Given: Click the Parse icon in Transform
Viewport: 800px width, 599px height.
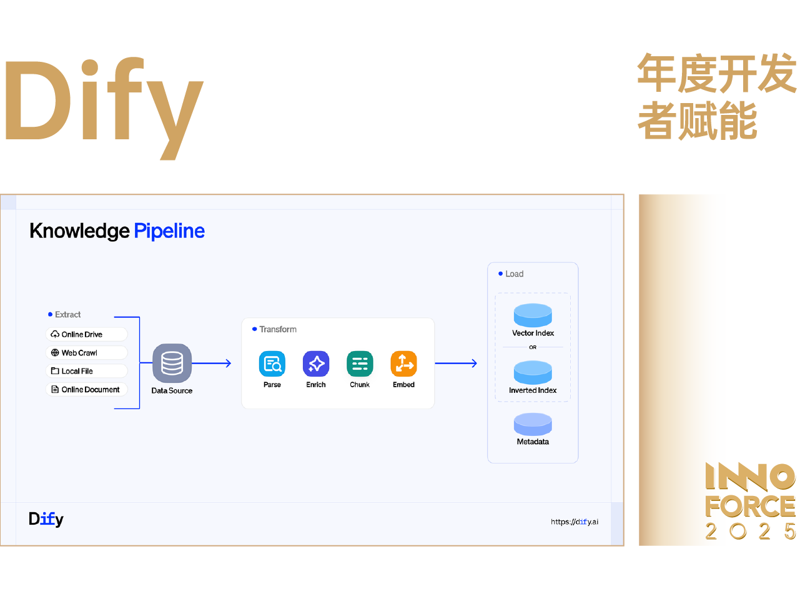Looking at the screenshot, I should point(272,364).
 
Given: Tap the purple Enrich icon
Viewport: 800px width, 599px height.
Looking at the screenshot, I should point(316,364).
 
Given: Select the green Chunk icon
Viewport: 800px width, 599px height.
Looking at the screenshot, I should point(360,364).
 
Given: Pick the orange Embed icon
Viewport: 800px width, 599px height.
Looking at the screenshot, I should point(403,364).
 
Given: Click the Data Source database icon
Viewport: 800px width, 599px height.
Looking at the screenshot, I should point(172,363).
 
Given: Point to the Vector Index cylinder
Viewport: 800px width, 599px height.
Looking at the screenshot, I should point(533,315).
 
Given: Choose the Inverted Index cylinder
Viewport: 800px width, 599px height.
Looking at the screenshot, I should point(533,372).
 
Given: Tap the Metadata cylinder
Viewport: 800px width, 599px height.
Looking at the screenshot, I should point(533,424).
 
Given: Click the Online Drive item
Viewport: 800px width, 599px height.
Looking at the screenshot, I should point(86,335).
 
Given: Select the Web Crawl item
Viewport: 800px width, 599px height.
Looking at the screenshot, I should point(86,353).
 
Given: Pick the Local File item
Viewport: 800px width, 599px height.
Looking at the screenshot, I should point(86,371).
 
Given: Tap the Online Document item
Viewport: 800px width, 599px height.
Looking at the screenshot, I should point(86,389).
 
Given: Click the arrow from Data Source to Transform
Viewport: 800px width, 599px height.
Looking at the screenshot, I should point(212,363).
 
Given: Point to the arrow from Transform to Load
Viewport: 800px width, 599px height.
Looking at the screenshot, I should point(456,363).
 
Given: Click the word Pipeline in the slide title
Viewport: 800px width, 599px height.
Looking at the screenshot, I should point(169,231).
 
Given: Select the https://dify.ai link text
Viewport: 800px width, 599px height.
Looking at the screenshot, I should point(574,522).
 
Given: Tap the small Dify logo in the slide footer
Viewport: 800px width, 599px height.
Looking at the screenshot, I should point(46,519).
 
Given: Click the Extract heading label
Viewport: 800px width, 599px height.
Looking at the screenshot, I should point(67,315).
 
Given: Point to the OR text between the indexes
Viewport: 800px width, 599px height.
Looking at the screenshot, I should point(533,347).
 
